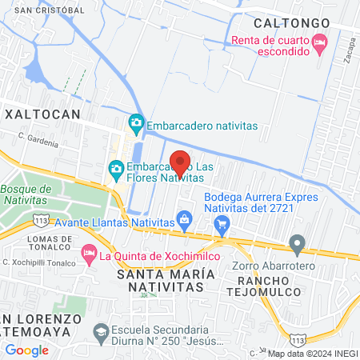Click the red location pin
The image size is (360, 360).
click(180, 163)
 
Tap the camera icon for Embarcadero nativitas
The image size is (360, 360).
click(136, 122)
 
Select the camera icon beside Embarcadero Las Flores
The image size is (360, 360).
click(116, 168)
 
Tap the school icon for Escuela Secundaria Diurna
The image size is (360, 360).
click(101, 331)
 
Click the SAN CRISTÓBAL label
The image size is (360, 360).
click(48, 10)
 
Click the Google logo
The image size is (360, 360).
click(26, 350)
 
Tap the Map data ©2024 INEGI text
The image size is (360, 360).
click(311, 354)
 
